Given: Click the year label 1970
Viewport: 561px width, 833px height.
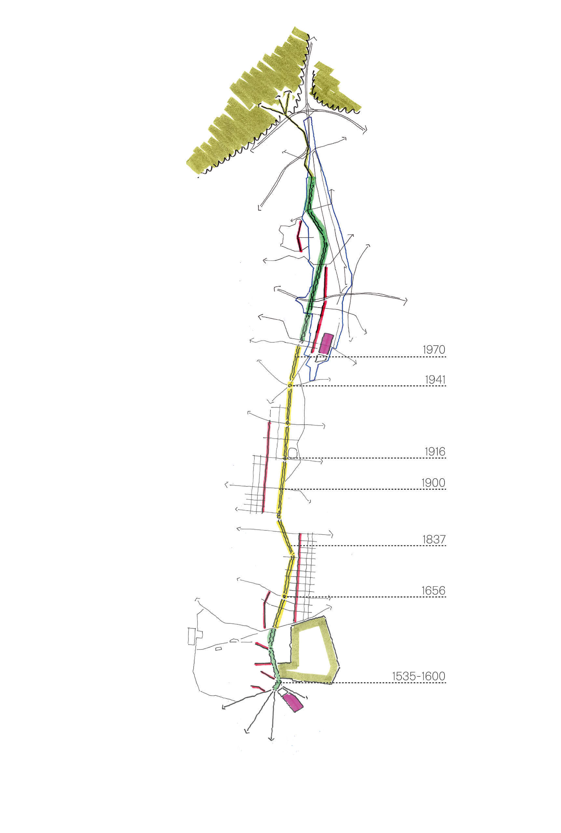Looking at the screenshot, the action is pos(434,349).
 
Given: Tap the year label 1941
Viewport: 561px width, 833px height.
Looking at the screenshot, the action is pos(435,379).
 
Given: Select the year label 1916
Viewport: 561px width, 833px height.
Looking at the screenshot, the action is pos(435,452).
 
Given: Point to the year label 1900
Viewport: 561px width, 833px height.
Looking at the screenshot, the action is pos(433,483).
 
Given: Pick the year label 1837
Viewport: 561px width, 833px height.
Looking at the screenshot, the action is pos(434,539).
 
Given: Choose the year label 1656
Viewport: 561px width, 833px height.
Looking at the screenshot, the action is pos(433,591).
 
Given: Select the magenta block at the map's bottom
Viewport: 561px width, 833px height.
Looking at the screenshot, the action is pos(293,702).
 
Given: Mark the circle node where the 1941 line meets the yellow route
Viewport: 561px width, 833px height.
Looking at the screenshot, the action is pos(290,385).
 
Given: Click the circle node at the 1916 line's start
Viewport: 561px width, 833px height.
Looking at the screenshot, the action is pos(285,458).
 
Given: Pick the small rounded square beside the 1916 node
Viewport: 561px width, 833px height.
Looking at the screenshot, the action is pos(292,453).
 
